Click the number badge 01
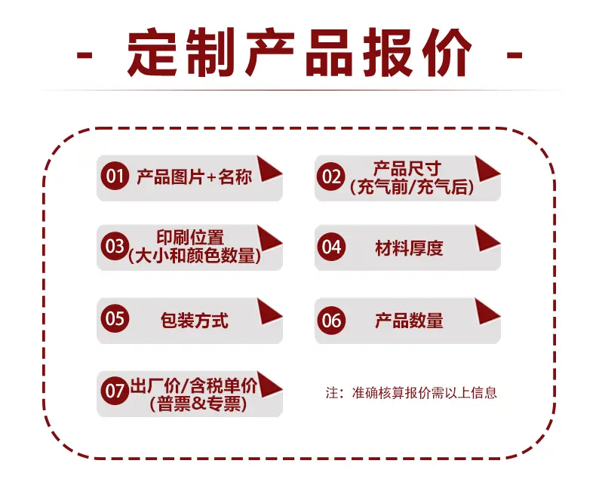point(115,176)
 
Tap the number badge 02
point(331,176)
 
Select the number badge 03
point(115,246)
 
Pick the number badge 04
point(331,247)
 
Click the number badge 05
point(115,318)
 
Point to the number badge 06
point(331,320)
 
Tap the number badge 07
point(115,391)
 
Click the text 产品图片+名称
point(194,177)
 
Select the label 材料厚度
point(409,248)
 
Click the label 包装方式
point(195,321)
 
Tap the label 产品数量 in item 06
point(409,321)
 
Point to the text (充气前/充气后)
point(412,187)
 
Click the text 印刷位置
point(190,238)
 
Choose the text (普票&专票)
point(198,404)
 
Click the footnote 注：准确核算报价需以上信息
point(411,393)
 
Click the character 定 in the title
point(152,52)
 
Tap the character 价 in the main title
point(447,52)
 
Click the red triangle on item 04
point(487,238)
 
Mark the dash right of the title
point(515,56)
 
